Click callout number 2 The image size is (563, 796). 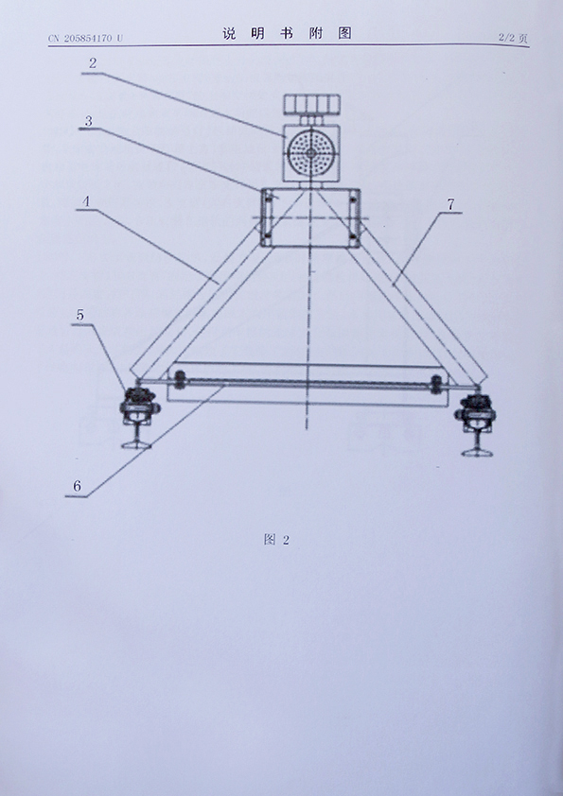(93, 63)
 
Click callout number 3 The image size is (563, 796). (89, 121)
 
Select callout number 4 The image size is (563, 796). (86, 201)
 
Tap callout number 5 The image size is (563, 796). (80, 315)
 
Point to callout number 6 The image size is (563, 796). (77, 486)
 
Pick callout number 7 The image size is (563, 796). (450, 204)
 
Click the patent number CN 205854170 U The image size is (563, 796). (85, 38)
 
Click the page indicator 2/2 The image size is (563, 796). (506, 38)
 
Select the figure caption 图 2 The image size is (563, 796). (276, 540)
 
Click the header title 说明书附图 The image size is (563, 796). (287, 33)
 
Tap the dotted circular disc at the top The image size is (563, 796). (309, 152)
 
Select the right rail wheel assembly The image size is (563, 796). (477, 423)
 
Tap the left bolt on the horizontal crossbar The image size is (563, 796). (180, 379)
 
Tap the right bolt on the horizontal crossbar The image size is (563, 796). (436, 385)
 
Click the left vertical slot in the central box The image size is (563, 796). (265, 217)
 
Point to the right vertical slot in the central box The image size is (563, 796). (353, 217)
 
